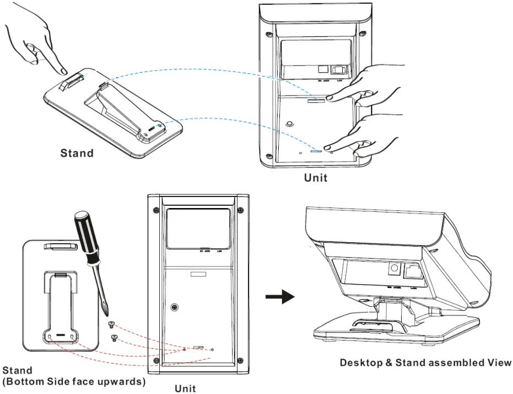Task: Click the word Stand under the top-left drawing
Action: [x=77, y=153]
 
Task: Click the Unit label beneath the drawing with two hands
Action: [x=316, y=178]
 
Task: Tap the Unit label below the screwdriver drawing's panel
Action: [x=185, y=388]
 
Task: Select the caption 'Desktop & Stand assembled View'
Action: [x=425, y=363]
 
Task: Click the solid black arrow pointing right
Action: [x=279, y=297]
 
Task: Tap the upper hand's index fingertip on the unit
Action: [x=329, y=98]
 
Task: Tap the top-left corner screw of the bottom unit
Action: [x=156, y=210]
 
